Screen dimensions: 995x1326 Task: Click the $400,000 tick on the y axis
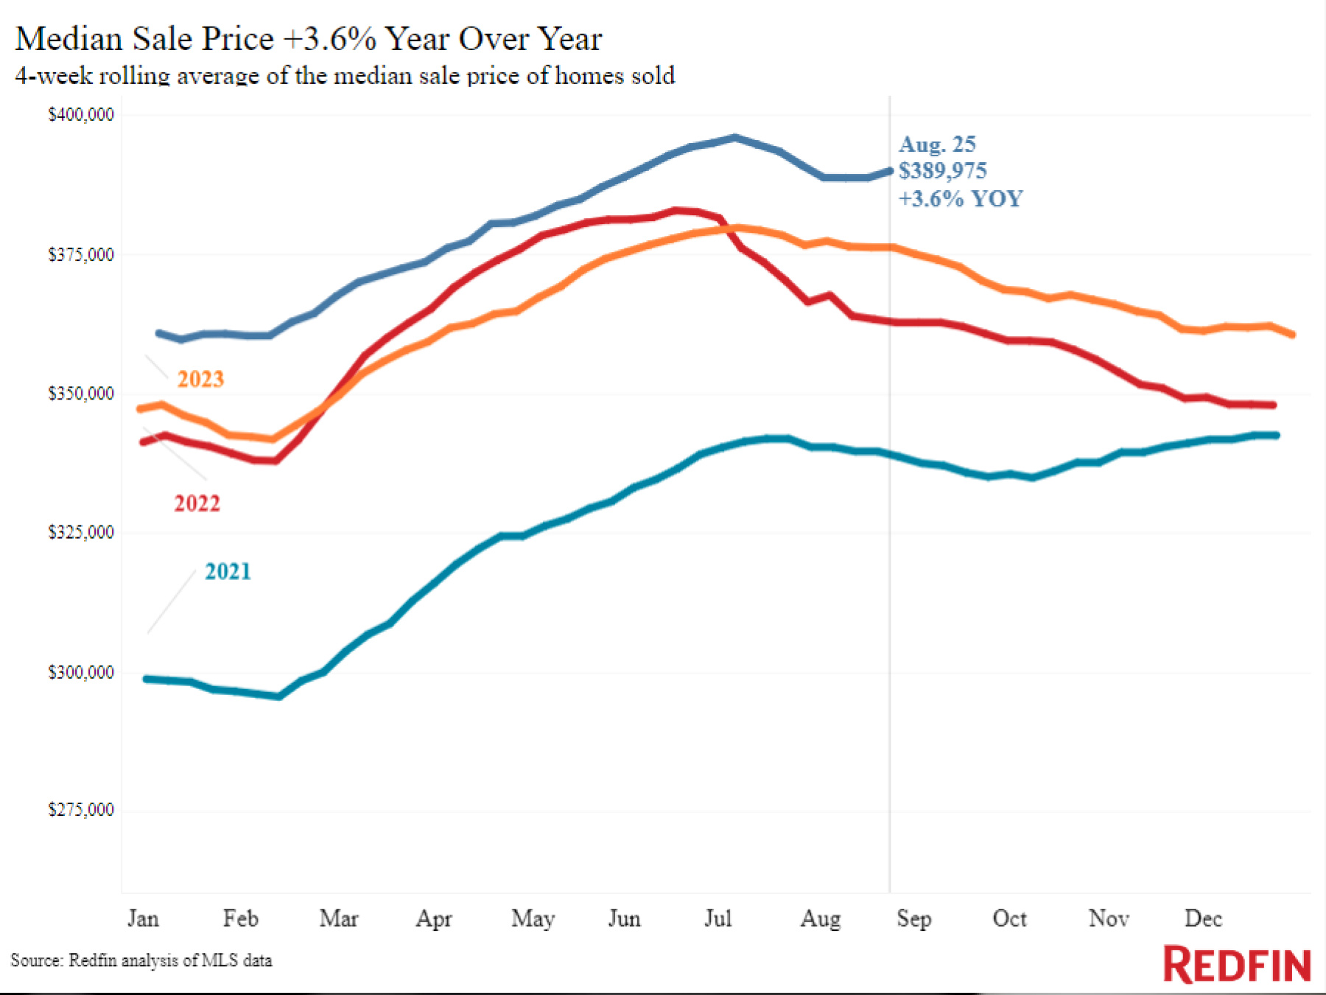pyautogui.click(x=81, y=115)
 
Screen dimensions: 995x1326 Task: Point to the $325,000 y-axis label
pyautogui.click(x=81, y=532)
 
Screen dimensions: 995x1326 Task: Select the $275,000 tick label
pyautogui.click(x=81, y=810)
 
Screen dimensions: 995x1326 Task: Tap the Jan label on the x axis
pyautogui.click(x=143, y=918)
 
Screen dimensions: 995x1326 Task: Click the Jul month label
pyautogui.click(x=718, y=918)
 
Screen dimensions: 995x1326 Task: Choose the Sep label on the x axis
pyautogui.click(x=913, y=918)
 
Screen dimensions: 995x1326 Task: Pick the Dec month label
pyautogui.click(x=1203, y=918)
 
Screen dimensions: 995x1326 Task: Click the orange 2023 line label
pyautogui.click(x=200, y=379)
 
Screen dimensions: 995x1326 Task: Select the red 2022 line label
pyautogui.click(x=197, y=503)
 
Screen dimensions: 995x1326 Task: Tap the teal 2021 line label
pyautogui.click(x=228, y=571)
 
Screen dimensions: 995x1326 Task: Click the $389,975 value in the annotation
pyautogui.click(x=942, y=171)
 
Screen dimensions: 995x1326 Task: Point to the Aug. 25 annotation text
pyautogui.click(x=937, y=144)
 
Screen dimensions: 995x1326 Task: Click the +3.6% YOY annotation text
pyautogui.click(x=960, y=199)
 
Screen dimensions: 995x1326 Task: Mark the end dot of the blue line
pyautogui.click(x=888, y=170)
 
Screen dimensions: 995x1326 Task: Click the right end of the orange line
pyautogui.click(x=1292, y=335)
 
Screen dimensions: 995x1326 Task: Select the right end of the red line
pyautogui.click(x=1273, y=405)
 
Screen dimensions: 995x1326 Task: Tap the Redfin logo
pyautogui.click(x=1237, y=965)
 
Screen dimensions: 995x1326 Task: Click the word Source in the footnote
pyautogui.click(x=36, y=960)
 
